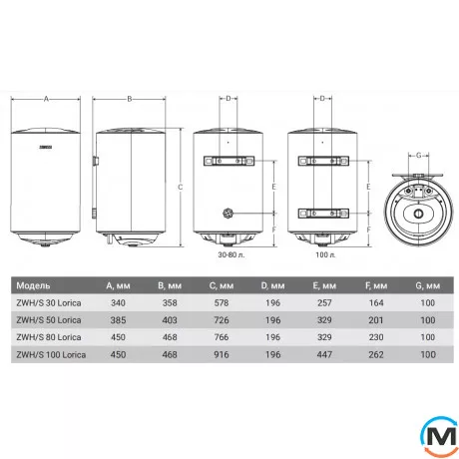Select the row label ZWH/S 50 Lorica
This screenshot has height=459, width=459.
tap(58, 319)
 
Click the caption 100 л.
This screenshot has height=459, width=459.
tap(323, 256)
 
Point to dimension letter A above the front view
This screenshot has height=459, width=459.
tap(45, 97)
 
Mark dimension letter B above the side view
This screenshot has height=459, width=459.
tap(130, 97)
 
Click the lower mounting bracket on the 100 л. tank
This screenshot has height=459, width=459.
tap(324, 210)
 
